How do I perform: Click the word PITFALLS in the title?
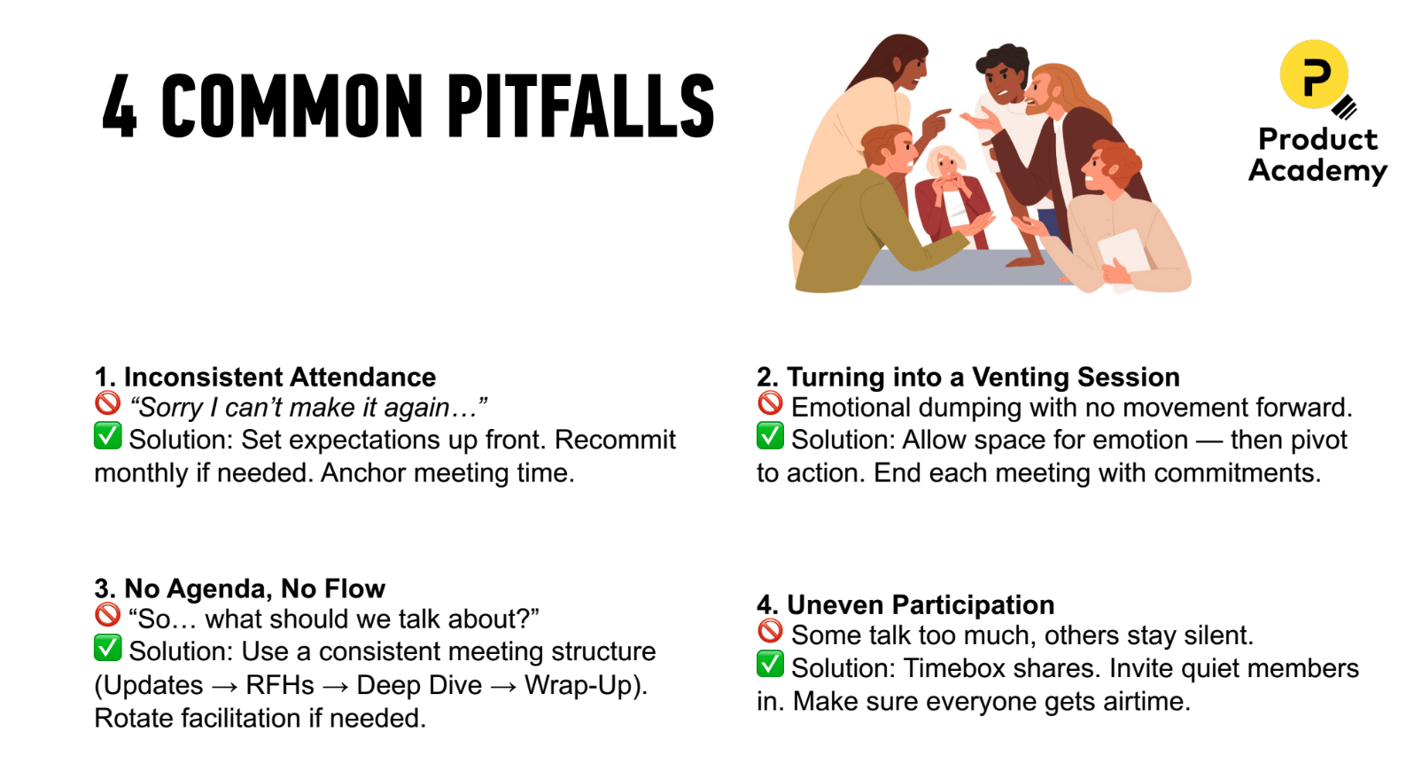[580, 106]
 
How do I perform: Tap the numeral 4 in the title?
[120, 108]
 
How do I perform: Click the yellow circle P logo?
[1314, 74]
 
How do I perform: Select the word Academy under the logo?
[1317, 170]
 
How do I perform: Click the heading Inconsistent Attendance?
[279, 378]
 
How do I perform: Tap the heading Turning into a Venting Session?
[983, 378]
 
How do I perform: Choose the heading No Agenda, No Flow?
[254, 589]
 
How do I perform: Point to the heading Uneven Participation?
[921, 605]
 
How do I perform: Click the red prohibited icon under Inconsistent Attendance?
[107, 404]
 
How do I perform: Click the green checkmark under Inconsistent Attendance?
[107, 436]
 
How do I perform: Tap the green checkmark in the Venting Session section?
[770, 436]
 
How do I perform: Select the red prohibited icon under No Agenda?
[107, 615]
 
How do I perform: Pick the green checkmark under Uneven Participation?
[770, 664]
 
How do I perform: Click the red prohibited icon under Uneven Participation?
[770, 632]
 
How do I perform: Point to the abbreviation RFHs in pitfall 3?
[280, 686]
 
